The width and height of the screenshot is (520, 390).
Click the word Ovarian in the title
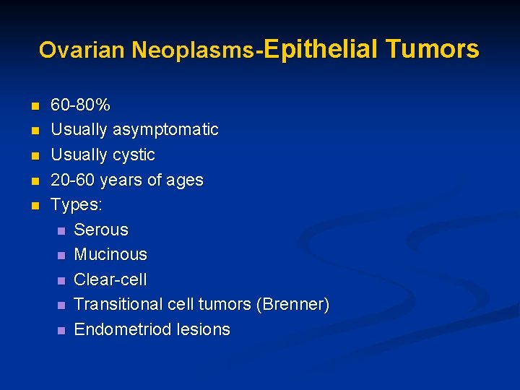[82, 50]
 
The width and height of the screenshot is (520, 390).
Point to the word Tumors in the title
[432, 48]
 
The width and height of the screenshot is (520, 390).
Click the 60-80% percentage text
[80, 105]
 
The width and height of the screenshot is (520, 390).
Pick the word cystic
[131, 155]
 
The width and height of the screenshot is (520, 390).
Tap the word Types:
[77, 204]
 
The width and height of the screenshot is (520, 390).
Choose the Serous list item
[101, 230]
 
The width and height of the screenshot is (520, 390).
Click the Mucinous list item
[110, 254]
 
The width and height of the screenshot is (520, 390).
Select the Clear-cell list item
[110, 279]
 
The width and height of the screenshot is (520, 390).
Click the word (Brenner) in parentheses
[292, 304]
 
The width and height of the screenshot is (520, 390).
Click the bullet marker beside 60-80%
[35, 106]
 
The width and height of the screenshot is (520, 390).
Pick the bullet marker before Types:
[35, 205]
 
